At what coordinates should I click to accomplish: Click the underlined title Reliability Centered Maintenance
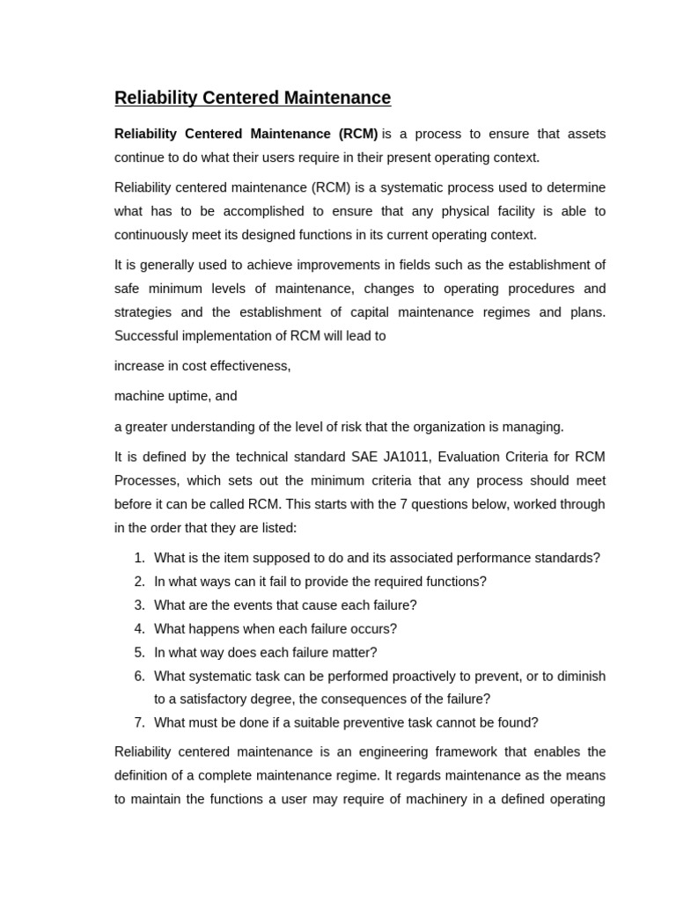253,98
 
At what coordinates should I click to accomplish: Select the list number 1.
139,558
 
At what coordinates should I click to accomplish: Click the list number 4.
139,629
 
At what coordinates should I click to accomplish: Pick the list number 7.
139,723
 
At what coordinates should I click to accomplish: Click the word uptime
187,396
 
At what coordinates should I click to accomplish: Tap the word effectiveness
248,366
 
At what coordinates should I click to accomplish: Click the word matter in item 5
354,653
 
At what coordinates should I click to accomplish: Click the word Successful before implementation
148,336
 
